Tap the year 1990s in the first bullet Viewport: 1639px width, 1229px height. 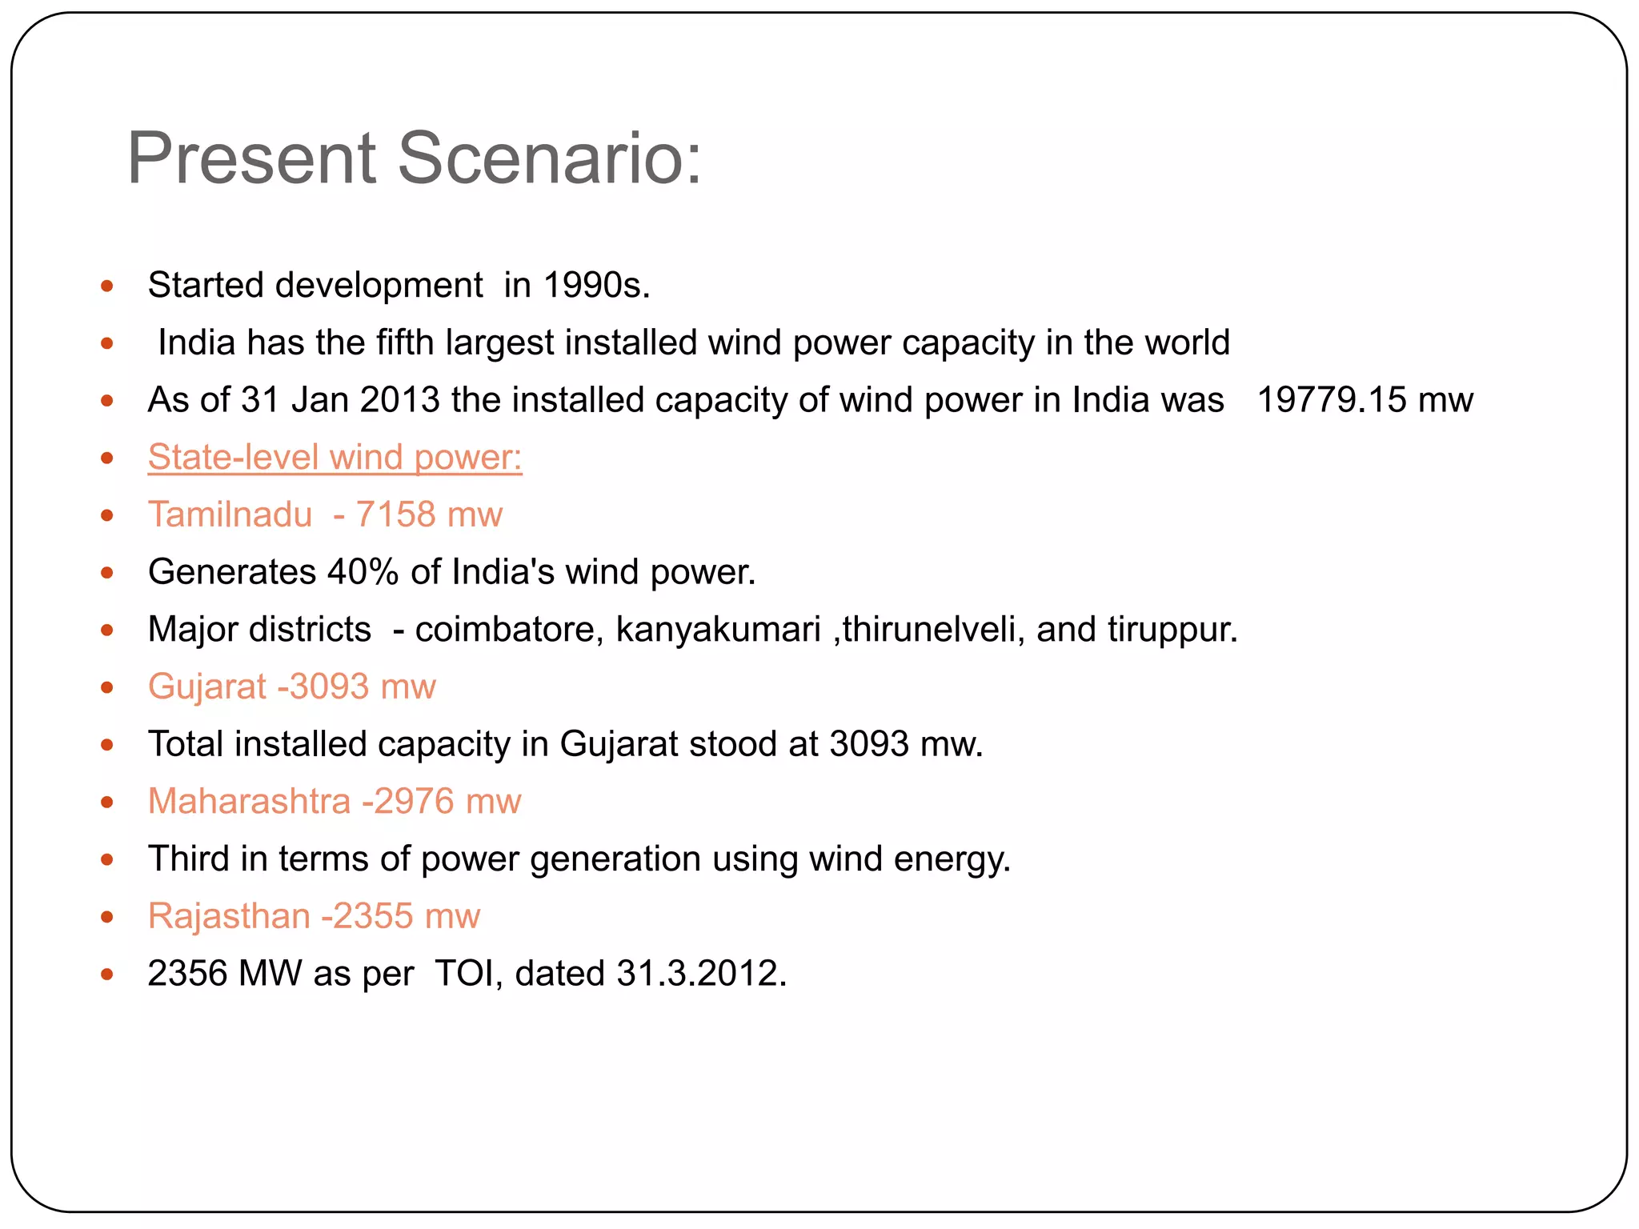pos(595,286)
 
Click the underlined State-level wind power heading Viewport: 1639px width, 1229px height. pos(335,458)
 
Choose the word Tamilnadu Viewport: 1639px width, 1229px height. pos(230,514)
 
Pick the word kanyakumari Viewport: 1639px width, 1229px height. pos(718,630)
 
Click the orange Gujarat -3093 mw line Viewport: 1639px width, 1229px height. pos(291,687)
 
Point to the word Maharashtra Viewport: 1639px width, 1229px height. pos(249,802)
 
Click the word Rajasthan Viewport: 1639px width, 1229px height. pos(229,916)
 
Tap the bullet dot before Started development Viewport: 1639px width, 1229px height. pos(107,286)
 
